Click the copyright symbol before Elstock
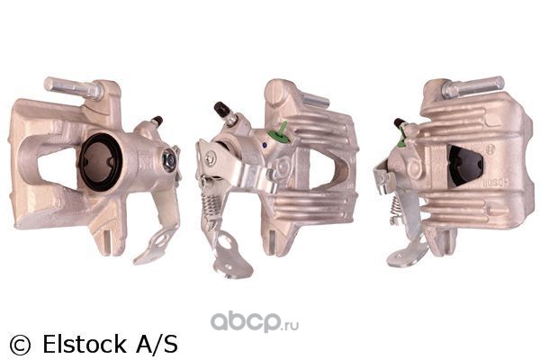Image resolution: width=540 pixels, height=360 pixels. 20,345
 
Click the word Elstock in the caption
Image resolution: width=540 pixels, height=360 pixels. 85,344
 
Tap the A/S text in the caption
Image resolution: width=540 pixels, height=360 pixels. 157,344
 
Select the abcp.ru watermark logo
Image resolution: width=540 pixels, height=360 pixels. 255,321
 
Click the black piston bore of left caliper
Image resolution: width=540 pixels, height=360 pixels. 100,162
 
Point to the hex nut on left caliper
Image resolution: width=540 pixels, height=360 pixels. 169,160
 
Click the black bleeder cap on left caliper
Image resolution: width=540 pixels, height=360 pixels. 157,121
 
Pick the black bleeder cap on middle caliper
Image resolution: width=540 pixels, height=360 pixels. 221,109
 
